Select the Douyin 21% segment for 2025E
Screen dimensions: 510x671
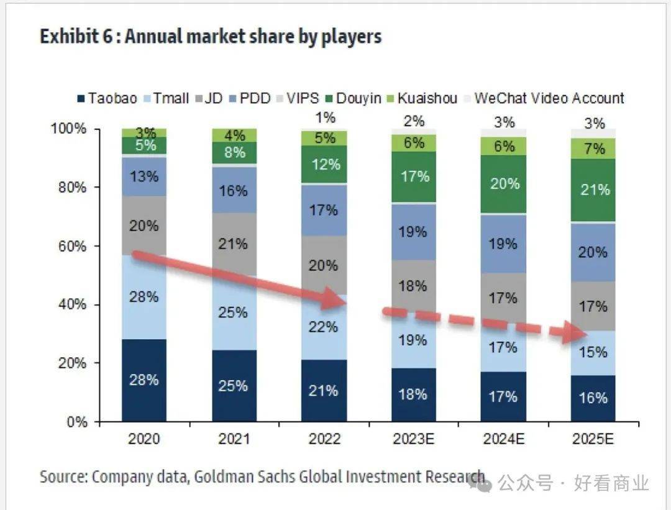[595, 190]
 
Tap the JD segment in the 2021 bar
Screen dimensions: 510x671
[234, 244]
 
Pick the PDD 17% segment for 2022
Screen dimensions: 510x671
[324, 211]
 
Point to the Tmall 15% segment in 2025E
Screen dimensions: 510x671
[595, 352]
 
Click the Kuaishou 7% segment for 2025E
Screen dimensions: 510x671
[595, 148]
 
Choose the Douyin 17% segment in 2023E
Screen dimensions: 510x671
[414, 177]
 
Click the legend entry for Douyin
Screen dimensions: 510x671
[354, 98]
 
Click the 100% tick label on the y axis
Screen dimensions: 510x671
[70, 129]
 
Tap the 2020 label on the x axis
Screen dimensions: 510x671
[144, 439]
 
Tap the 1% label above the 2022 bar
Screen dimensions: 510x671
[324, 117]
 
